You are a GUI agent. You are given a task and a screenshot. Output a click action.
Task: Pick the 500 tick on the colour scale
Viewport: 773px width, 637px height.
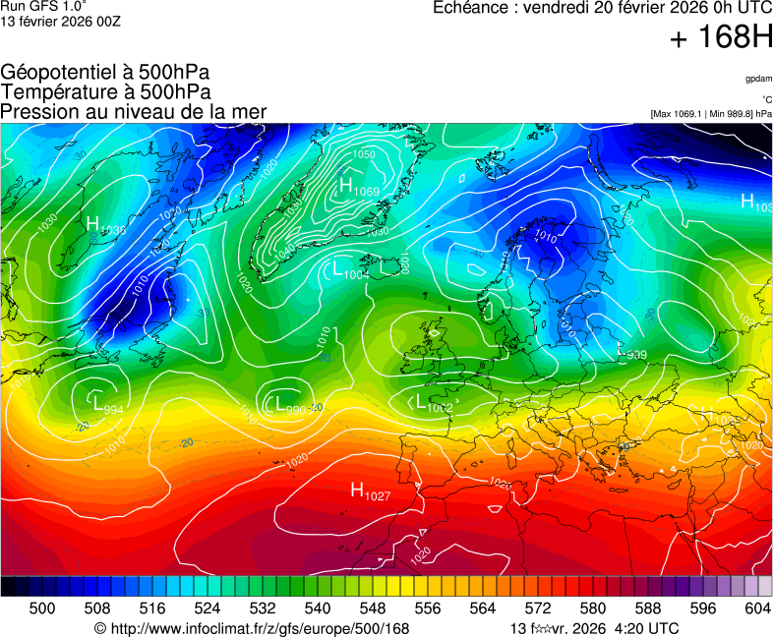coord(42,608)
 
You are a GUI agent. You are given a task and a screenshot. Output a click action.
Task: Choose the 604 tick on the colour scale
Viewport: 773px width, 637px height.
coord(758,608)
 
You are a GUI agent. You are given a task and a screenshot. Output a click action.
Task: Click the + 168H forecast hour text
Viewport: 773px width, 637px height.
coord(721,38)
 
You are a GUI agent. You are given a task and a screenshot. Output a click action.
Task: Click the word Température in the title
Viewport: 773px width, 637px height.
coord(58,91)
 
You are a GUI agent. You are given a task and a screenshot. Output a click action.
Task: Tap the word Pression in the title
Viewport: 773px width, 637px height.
coord(38,111)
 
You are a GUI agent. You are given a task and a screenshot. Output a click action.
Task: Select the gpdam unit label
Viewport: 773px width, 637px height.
coord(758,78)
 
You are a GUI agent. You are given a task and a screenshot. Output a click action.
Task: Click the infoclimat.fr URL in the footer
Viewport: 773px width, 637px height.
coord(251,628)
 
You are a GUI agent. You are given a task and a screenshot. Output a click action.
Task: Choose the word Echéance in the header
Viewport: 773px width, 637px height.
coord(471,8)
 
